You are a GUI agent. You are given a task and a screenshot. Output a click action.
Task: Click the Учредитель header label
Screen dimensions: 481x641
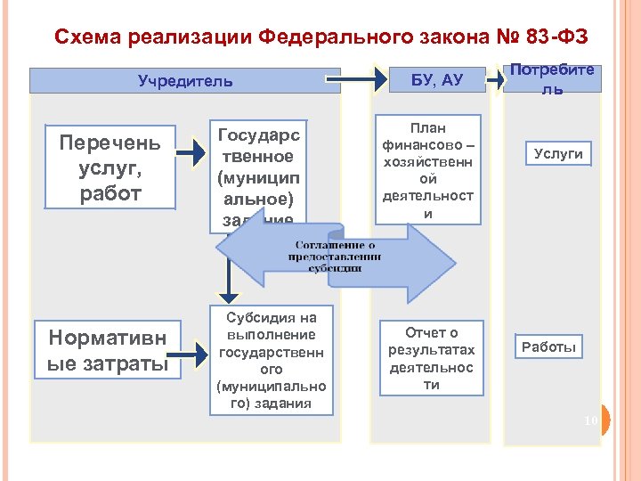coord(185,81)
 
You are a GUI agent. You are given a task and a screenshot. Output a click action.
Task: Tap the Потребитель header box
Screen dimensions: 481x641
coord(552,80)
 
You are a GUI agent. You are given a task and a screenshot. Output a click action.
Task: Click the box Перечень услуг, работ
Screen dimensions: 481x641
coord(110,168)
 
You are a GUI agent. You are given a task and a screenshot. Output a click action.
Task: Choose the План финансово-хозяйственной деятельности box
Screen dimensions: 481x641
coord(427,170)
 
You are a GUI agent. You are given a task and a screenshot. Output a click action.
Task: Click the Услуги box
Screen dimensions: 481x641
coord(559,153)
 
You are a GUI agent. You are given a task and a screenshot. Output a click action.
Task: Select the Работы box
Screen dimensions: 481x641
coord(548,346)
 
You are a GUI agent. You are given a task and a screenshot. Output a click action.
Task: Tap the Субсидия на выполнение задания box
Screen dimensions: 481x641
coord(272,360)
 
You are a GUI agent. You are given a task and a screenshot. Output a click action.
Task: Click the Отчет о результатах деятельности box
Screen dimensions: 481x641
coord(432,359)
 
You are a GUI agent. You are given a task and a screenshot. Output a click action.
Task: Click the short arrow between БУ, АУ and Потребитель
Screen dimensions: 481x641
coord(491,81)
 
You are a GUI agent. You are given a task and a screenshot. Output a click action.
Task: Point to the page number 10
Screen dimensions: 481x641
coord(591,420)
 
